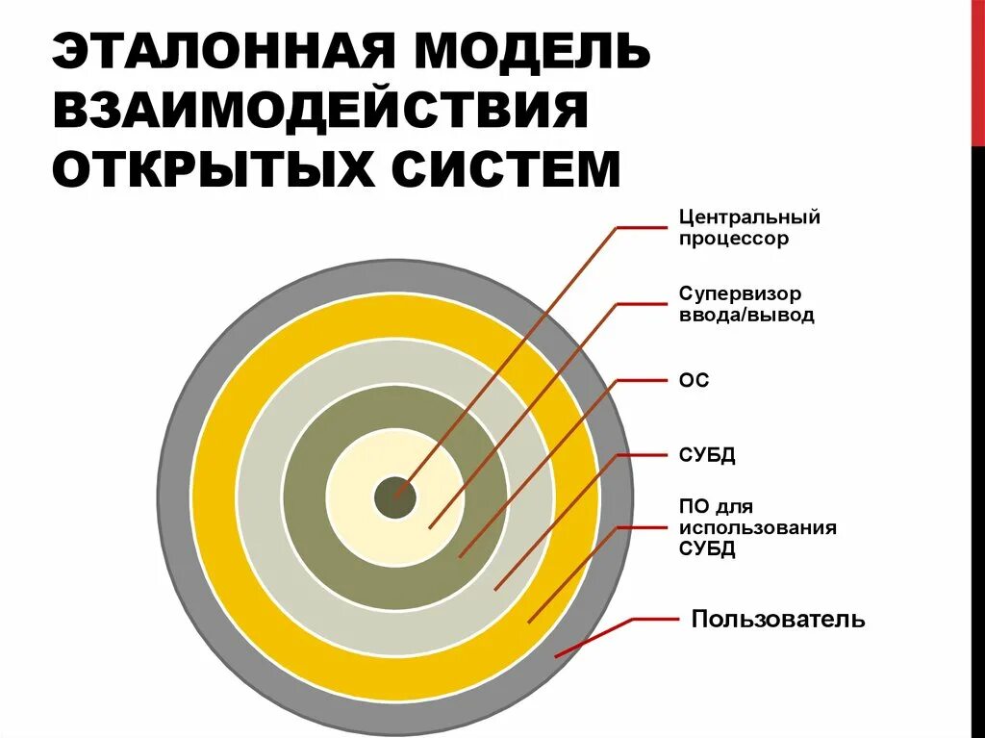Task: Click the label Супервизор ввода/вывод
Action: tap(746, 303)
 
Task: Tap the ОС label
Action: tap(694, 381)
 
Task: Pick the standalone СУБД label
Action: tap(707, 455)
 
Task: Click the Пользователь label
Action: tap(778, 619)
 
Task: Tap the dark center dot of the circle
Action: tap(394, 497)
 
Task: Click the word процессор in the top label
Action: tap(733, 239)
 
